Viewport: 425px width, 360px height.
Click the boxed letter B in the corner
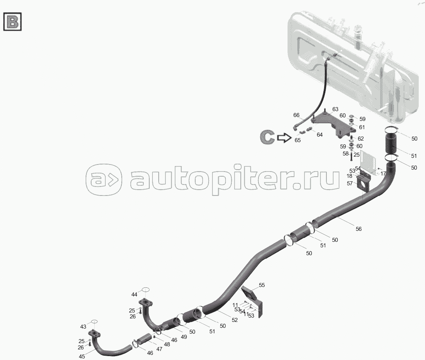[x=13, y=22]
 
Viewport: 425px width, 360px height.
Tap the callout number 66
[x=297, y=115]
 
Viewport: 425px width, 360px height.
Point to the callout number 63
[x=335, y=109]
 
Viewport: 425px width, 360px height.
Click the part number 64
[x=320, y=135]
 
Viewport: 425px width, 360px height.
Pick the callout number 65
[x=298, y=140]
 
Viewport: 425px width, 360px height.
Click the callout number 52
[x=234, y=320]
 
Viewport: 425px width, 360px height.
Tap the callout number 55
[x=262, y=285]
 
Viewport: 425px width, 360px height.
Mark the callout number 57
[x=350, y=183]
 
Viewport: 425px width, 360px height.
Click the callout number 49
[x=183, y=327]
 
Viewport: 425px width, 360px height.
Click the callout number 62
[x=361, y=139]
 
